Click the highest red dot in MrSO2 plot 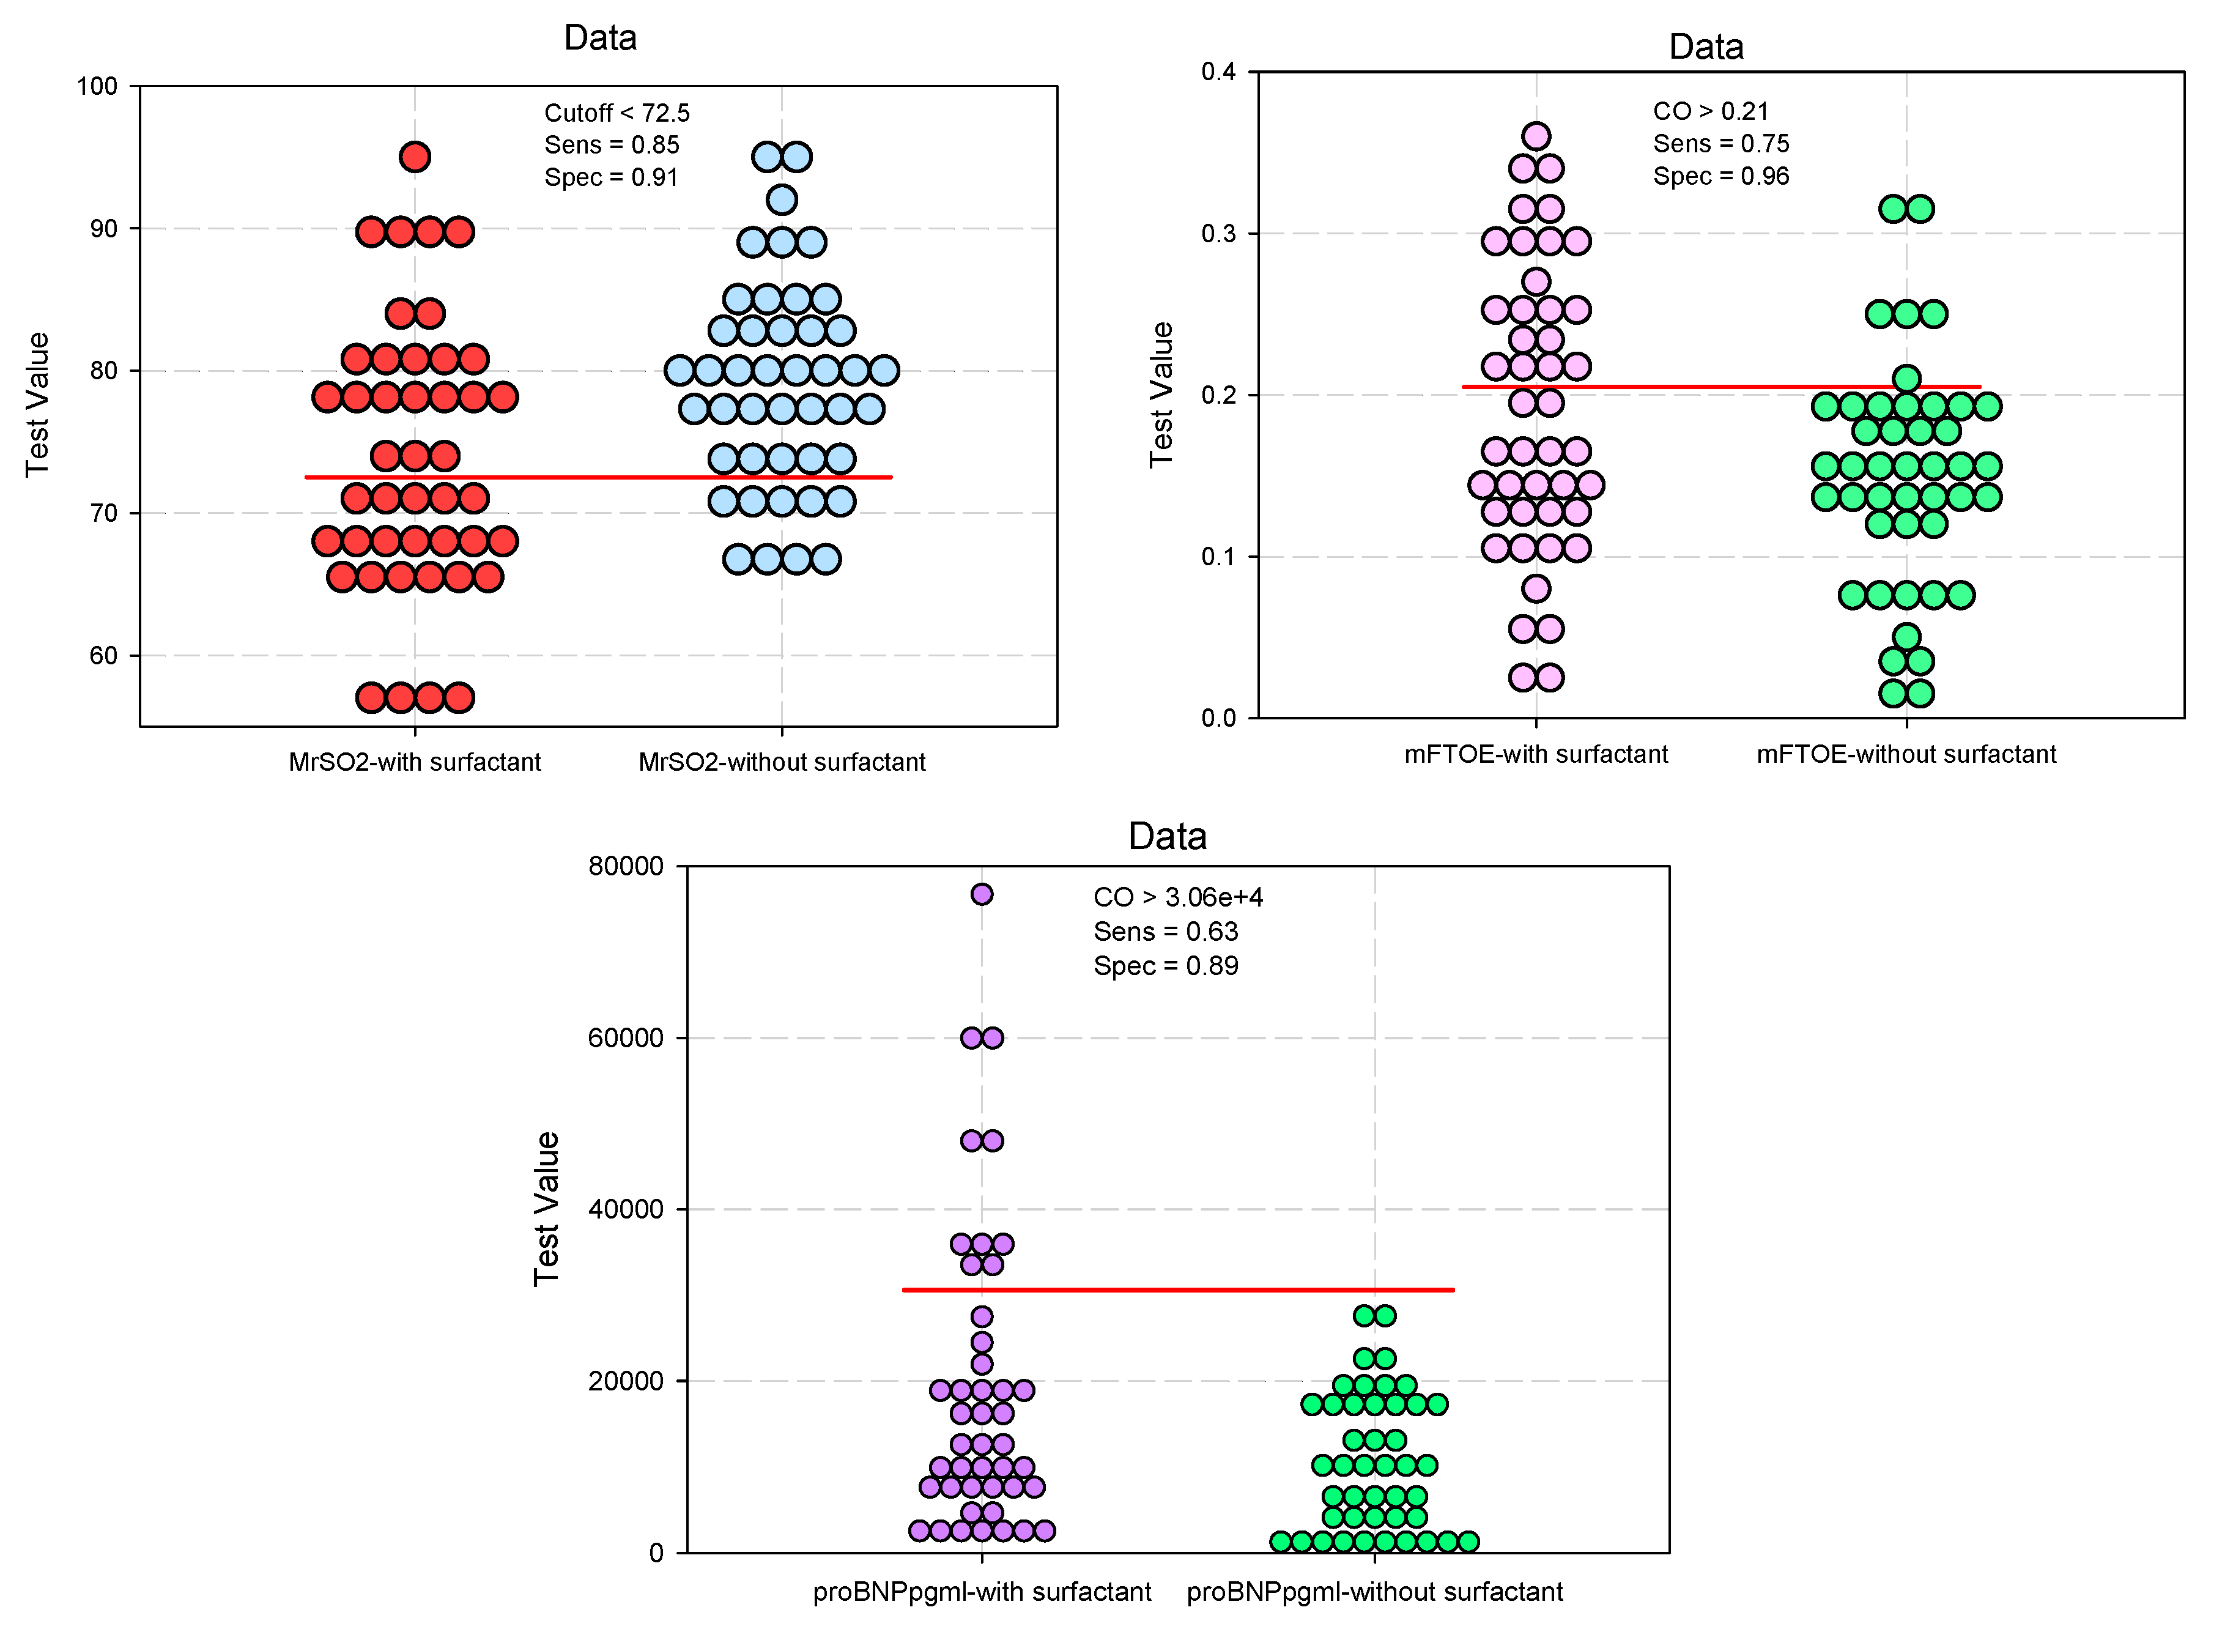pos(415,157)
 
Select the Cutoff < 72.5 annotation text pos(617,113)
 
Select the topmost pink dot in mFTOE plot pos(1536,136)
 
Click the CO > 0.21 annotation pos(1710,111)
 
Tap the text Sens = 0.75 pos(1721,144)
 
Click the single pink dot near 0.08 pos(1536,588)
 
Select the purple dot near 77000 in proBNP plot pos(982,894)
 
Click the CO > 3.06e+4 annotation pos(1178,897)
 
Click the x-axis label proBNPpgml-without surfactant pos(1374,1592)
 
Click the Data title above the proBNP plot pos(1167,836)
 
